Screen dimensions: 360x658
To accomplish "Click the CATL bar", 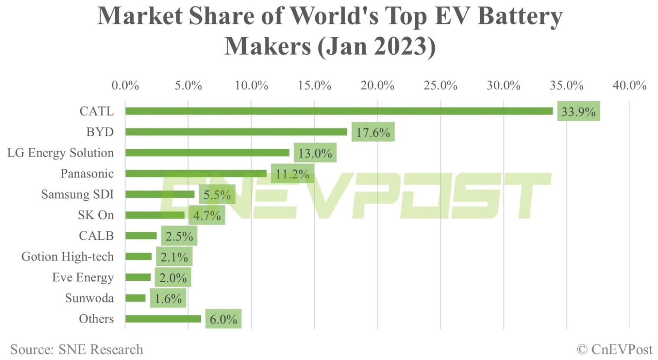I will point(339,111).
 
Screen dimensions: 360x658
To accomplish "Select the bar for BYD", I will point(236,132).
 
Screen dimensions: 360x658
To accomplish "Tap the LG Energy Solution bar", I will point(207,153).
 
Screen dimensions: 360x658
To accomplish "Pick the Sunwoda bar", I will point(135,298).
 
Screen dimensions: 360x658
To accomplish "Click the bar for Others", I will point(163,319).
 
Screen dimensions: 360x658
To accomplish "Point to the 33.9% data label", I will point(578,112).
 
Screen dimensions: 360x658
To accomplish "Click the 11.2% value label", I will point(292,174).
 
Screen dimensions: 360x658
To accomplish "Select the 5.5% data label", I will point(217,195).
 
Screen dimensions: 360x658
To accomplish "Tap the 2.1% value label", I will point(174,257).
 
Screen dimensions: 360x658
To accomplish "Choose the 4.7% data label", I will point(207,215).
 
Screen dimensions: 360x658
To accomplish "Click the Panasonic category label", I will point(87,174).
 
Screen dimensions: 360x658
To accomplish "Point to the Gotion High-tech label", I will point(68,257).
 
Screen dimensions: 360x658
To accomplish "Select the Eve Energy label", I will point(83,277).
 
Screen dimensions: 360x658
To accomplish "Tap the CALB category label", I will point(96,236).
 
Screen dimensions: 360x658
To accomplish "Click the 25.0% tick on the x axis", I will point(440,85).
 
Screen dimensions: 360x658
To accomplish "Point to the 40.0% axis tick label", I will point(629,85).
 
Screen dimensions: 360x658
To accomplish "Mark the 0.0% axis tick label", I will point(125,85).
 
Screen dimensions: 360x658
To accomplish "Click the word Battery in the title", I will point(520,16).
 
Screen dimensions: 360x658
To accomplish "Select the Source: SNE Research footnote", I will point(77,349).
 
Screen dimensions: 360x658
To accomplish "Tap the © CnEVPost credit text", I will point(614,349).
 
